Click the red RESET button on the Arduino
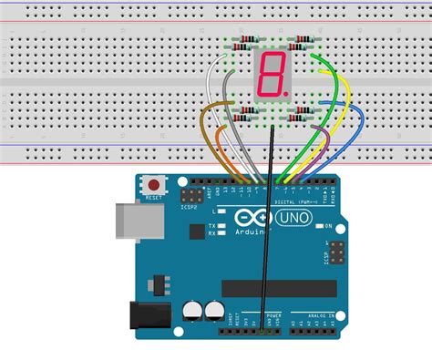[x=152, y=187]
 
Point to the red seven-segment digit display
[x=271, y=77]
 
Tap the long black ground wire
[x=268, y=228]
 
